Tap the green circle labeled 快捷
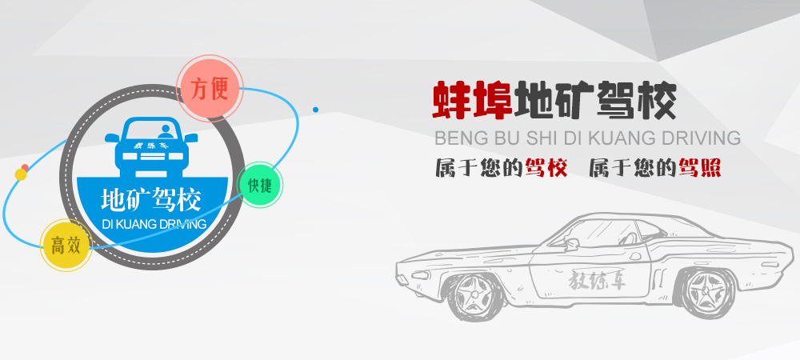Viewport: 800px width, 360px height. [x=260, y=185]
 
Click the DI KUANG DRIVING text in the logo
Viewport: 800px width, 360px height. [x=154, y=224]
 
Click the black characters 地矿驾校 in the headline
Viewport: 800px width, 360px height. [x=597, y=102]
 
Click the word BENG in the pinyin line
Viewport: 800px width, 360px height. [x=455, y=137]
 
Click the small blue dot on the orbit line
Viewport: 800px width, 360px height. [x=316, y=109]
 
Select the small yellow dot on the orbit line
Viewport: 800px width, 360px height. [x=21, y=174]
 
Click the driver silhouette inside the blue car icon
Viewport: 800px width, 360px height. [x=166, y=130]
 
